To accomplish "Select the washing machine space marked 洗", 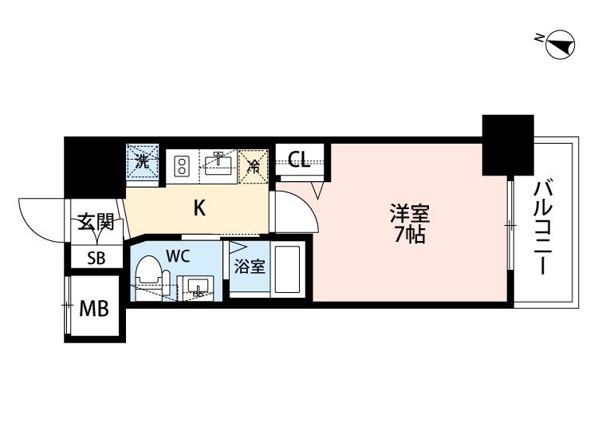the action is pos(142,161).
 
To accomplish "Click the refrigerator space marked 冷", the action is pos(254,167).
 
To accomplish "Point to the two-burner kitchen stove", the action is pos(182,166).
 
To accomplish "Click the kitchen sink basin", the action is pos(218,164).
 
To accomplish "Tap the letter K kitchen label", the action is pos(199,208).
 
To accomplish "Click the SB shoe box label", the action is pos(96,258).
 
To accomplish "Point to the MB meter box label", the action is pos(94,308).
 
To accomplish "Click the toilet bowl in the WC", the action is pos(150,271).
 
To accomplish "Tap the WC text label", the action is pos(178,256).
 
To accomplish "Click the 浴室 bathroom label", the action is pos(250,267).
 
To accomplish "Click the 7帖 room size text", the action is pos(410,235).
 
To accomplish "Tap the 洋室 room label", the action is pos(410,214).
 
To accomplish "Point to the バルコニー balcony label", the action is pos(543,228).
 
